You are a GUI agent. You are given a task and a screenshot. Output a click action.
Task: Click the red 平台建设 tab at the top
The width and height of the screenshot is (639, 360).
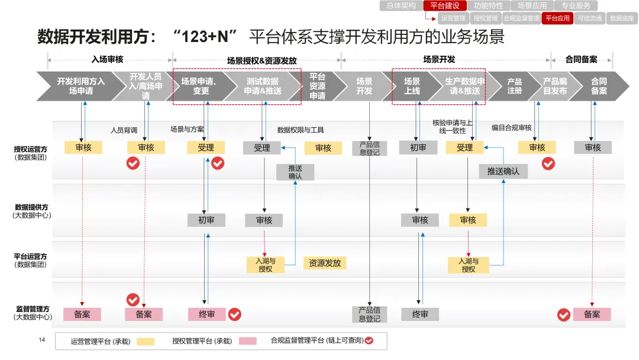[x=445, y=6]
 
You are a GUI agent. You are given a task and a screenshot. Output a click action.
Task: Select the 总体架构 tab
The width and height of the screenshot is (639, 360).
[x=401, y=6]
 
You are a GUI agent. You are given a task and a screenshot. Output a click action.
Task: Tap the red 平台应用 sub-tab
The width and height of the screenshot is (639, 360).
[x=557, y=18]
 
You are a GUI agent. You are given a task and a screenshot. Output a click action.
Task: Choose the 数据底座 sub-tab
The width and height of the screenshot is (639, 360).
[x=621, y=18]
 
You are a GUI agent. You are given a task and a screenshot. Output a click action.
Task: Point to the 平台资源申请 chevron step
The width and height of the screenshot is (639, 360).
[x=318, y=86]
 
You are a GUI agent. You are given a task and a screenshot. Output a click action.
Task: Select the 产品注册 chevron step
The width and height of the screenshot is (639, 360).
[x=514, y=86]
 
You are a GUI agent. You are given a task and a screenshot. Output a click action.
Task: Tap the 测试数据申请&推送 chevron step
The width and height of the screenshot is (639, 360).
[x=263, y=86]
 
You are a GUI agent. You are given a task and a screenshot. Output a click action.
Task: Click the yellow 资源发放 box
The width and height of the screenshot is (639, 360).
[x=325, y=263]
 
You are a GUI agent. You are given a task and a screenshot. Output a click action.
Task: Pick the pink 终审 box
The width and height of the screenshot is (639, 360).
[x=206, y=314]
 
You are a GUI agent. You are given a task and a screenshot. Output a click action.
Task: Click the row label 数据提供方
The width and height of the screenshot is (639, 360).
[x=31, y=207]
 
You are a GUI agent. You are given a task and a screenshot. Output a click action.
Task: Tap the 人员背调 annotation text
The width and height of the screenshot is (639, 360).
[x=124, y=130]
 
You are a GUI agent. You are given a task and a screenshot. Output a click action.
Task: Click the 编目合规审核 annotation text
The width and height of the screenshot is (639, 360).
[x=512, y=128]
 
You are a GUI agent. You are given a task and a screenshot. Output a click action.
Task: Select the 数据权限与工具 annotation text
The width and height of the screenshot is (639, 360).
[x=301, y=130]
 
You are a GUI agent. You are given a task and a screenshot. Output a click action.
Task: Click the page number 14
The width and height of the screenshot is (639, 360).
[x=42, y=340]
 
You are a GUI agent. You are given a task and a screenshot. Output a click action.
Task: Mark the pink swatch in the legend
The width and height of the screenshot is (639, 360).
[x=247, y=341]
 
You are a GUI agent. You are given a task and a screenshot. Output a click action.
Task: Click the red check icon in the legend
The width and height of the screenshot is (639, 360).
[x=369, y=341]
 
